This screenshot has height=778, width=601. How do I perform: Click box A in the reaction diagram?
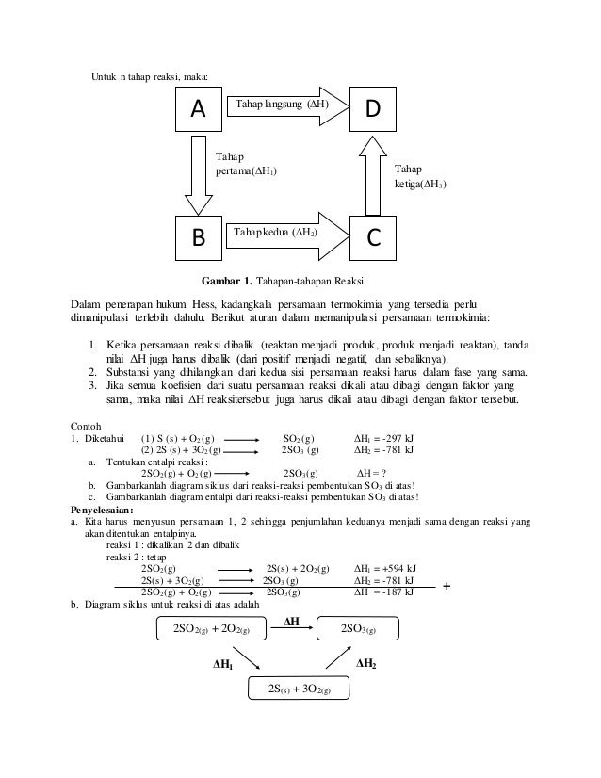pyautogui.click(x=198, y=110)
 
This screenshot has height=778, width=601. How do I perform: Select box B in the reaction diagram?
pyautogui.click(x=198, y=239)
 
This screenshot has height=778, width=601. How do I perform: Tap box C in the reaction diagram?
pyautogui.click(x=375, y=239)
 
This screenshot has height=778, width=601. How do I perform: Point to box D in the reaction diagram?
pyautogui.click(x=375, y=110)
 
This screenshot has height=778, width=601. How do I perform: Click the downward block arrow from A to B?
pyautogui.click(x=199, y=175)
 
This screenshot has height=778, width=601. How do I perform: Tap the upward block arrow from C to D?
pyautogui.click(x=373, y=174)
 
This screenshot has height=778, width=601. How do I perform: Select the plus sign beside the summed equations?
pyautogui.click(x=447, y=586)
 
